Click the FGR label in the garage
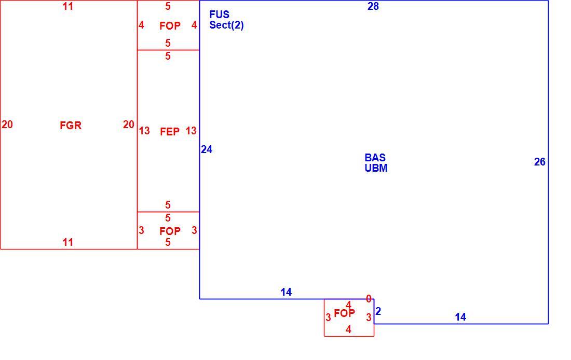(71, 126)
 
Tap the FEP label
(170, 131)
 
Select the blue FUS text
(219, 15)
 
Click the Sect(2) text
(226, 25)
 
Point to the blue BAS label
(375, 158)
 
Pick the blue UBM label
(376, 168)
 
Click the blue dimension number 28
(373, 6)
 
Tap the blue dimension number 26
(540, 162)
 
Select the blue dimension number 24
(207, 149)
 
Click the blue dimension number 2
(378, 311)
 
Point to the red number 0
(369, 299)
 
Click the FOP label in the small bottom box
(344, 313)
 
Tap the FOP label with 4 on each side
(170, 26)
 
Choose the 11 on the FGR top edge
(67, 6)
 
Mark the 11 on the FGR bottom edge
(67, 242)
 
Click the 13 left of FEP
(144, 131)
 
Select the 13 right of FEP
(191, 131)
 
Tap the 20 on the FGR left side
(7, 125)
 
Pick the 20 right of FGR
(129, 125)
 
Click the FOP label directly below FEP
(170, 231)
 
